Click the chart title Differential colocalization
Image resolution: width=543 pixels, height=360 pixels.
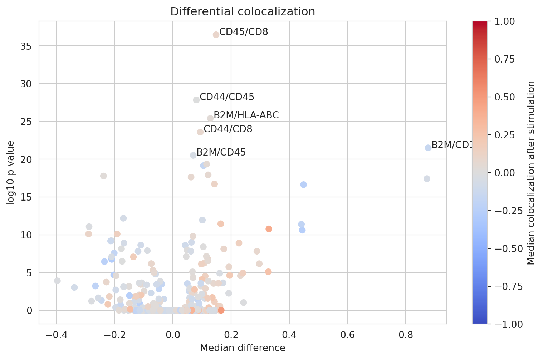pos(243,12)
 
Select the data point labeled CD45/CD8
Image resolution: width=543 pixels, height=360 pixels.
pos(216,35)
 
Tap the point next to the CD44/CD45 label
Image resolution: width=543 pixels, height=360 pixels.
pos(196,100)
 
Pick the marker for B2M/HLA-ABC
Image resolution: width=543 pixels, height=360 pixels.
pos(210,118)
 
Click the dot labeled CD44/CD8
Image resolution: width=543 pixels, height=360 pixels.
pos(200,132)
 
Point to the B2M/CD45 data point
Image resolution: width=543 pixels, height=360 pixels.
pos(193,155)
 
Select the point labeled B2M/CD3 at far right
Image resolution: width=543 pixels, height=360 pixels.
pos(428,148)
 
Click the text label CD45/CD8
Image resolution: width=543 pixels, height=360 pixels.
pos(244,32)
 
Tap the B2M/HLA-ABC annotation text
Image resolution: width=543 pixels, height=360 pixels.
pos(246,115)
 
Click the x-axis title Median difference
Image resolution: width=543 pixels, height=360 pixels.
pos(243,348)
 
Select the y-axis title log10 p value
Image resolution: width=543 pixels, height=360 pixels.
pos(11,173)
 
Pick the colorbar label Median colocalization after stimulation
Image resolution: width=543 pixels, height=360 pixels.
pos(531,173)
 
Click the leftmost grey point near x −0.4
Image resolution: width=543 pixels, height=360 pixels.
pos(57,281)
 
